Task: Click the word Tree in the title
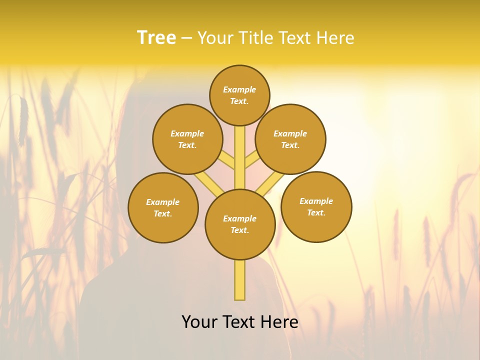point(156,37)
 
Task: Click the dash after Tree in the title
point(186,38)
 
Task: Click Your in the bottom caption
point(199,322)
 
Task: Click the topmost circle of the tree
point(239,95)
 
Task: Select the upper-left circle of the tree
point(187,139)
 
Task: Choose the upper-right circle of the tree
point(290,139)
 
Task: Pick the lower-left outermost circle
point(163,207)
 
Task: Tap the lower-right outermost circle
point(316,206)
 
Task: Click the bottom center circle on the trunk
point(240,224)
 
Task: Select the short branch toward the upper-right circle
point(251,159)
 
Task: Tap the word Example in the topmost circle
point(239,89)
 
